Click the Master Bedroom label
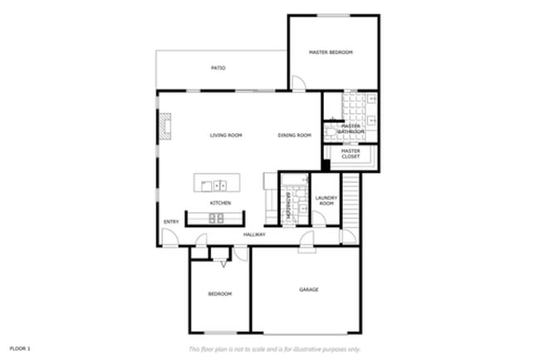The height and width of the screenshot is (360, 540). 331,52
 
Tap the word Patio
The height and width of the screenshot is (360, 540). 218,68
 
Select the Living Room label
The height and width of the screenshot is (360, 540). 225,135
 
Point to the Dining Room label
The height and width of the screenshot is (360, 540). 294,135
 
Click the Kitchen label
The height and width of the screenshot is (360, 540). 220,203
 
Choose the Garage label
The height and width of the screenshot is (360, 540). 309,289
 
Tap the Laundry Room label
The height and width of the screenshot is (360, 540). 326,200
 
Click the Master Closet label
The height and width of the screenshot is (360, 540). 350,153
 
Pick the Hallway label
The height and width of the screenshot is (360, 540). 254,234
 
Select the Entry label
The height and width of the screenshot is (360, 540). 171,221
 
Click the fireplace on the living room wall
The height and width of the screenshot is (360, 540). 165,127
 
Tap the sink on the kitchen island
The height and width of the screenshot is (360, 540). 220,185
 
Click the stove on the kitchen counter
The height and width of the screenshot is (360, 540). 216,219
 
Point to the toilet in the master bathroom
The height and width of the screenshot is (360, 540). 331,131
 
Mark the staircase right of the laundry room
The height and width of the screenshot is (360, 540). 351,200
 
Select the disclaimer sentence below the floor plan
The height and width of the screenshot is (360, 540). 275,348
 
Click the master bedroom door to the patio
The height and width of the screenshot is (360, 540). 297,84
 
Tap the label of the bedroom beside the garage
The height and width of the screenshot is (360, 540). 219,293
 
